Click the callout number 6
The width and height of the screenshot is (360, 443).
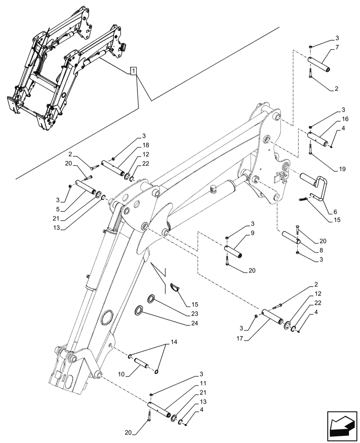point(329,212)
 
